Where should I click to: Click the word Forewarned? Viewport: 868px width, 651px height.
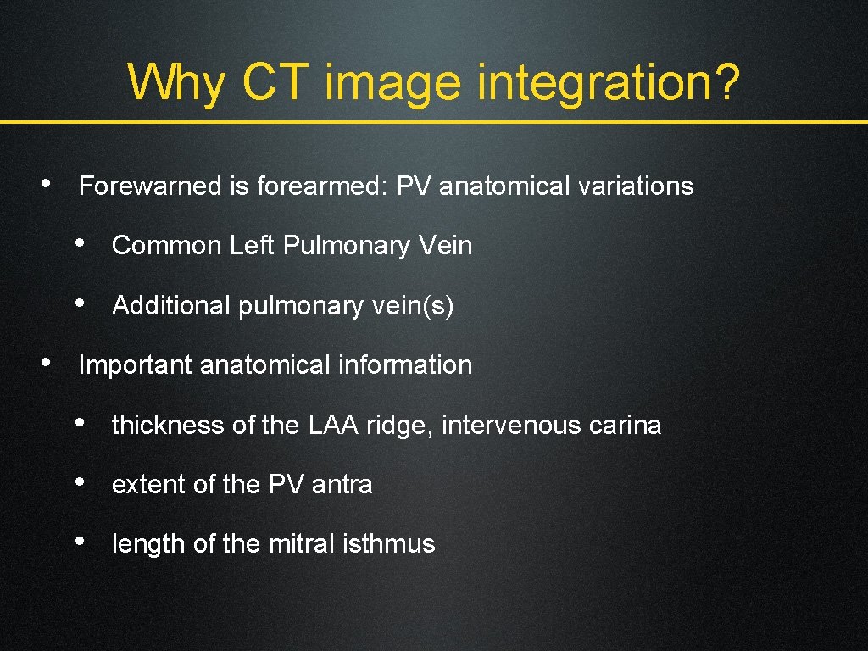click(x=151, y=186)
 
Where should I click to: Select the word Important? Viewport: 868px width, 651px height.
click(x=136, y=365)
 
